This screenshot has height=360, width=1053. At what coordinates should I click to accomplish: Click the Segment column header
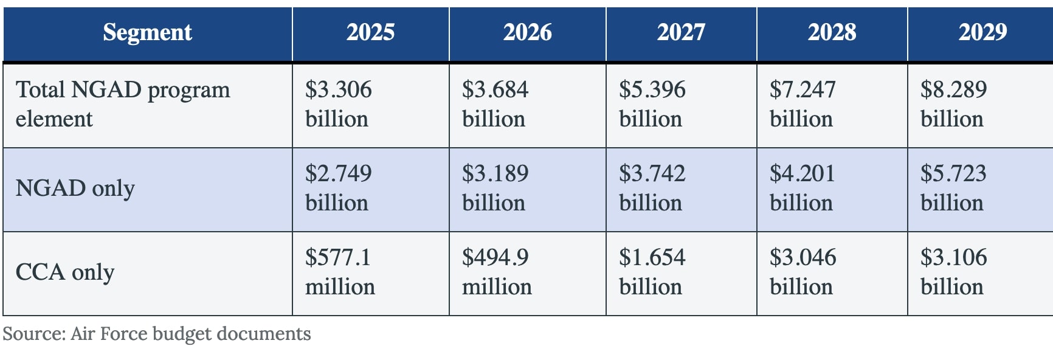pyautogui.click(x=147, y=32)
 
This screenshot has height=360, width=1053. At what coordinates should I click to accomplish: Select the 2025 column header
pyautogui.click(x=370, y=32)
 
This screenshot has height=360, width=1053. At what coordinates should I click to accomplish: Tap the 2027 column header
pyautogui.click(x=681, y=32)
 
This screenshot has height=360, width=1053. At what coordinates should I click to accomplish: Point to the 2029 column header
pyautogui.click(x=982, y=32)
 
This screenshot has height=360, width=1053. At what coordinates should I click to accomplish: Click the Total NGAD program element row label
pyautogui.click(x=123, y=104)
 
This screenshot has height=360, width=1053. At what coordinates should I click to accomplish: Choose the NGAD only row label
pyautogui.click(x=75, y=189)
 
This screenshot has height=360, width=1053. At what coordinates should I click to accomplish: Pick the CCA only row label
pyautogui.click(x=65, y=272)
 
